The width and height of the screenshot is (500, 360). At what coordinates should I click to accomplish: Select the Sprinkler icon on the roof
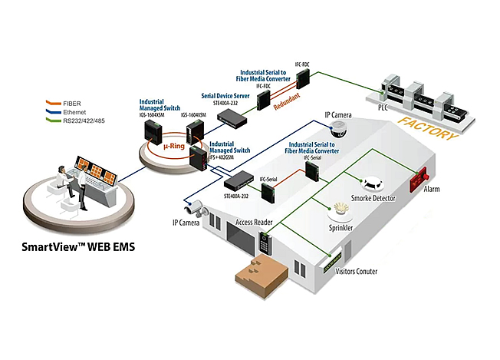tap(342, 209)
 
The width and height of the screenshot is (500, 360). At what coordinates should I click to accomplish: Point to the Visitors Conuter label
tap(361, 271)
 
